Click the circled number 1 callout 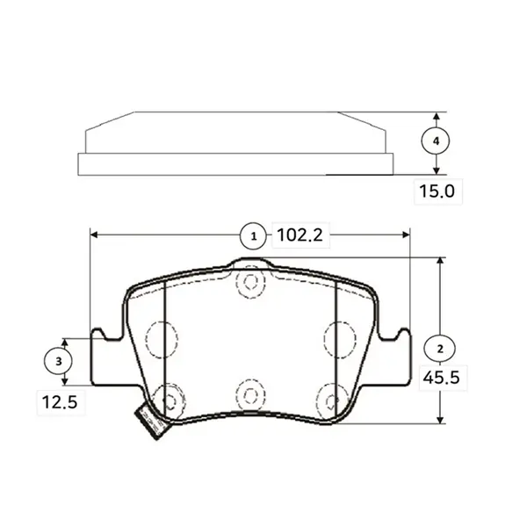pyautogui.click(x=254, y=236)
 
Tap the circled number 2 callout pyautogui.click(x=440, y=349)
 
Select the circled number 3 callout pyautogui.click(x=58, y=361)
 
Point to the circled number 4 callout pyautogui.click(x=436, y=141)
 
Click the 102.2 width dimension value pyautogui.click(x=300, y=235)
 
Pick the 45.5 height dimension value pyautogui.click(x=441, y=378)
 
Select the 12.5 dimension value pyautogui.click(x=60, y=402)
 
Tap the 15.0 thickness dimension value pyautogui.click(x=437, y=191)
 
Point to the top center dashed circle pyautogui.click(x=250, y=282)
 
